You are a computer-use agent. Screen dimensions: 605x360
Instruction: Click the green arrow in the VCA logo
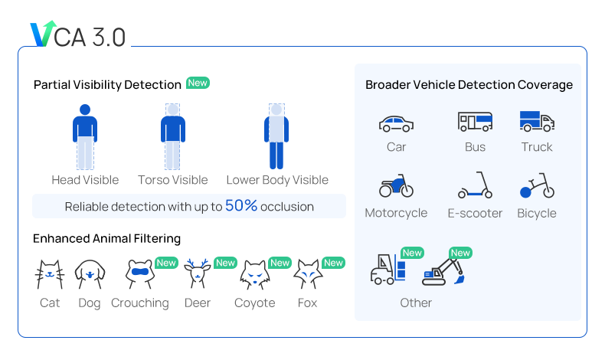pos(49,31)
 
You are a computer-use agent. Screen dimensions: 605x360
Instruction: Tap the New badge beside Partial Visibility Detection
pos(198,83)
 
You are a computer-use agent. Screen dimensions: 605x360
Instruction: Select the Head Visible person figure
pos(85,136)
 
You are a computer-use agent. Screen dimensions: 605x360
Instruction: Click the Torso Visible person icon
pos(173,136)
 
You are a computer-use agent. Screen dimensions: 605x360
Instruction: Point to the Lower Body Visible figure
pos(276,136)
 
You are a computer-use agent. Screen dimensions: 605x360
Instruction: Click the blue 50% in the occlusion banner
pos(241,205)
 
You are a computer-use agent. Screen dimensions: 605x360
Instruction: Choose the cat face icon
pos(50,274)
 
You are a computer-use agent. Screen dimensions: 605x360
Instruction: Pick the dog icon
pos(90,274)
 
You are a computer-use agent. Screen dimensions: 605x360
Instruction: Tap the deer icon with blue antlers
pos(197,273)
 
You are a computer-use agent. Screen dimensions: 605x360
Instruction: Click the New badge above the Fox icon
pos(333,263)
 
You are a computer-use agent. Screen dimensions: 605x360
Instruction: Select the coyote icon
pos(255,275)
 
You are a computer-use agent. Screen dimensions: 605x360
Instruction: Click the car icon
pos(396,124)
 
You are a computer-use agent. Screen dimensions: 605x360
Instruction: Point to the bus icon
pos(475,122)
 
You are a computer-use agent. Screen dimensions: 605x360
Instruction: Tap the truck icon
pos(537,122)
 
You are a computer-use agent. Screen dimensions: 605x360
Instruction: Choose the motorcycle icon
pos(396,186)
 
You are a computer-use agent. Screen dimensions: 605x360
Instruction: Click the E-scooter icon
pos(475,185)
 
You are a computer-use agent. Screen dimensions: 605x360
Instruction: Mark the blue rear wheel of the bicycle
pos(525,192)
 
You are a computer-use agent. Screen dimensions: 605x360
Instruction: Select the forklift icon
pos(388,269)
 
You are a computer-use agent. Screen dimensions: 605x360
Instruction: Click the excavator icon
pos(443,272)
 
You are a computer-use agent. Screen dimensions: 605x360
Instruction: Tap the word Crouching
pos(140,303)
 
